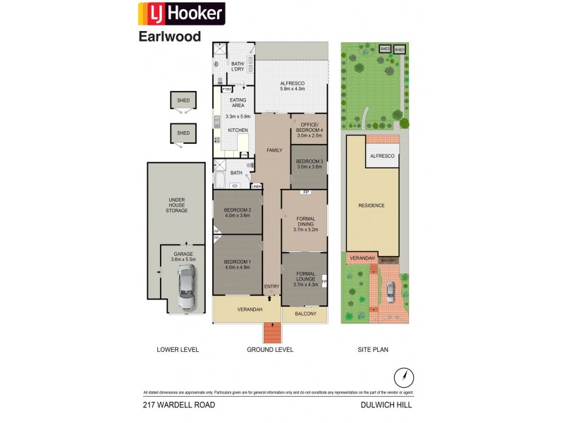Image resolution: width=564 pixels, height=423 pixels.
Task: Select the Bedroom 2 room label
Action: click(237, 211)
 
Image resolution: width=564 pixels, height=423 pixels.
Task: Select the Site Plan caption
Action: click(374, 349)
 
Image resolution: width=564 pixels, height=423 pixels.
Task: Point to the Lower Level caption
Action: click(178, 349)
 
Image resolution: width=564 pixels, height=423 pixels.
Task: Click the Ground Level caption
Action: click(270, 349)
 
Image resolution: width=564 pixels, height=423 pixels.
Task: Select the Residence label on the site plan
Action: click(372, 205)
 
